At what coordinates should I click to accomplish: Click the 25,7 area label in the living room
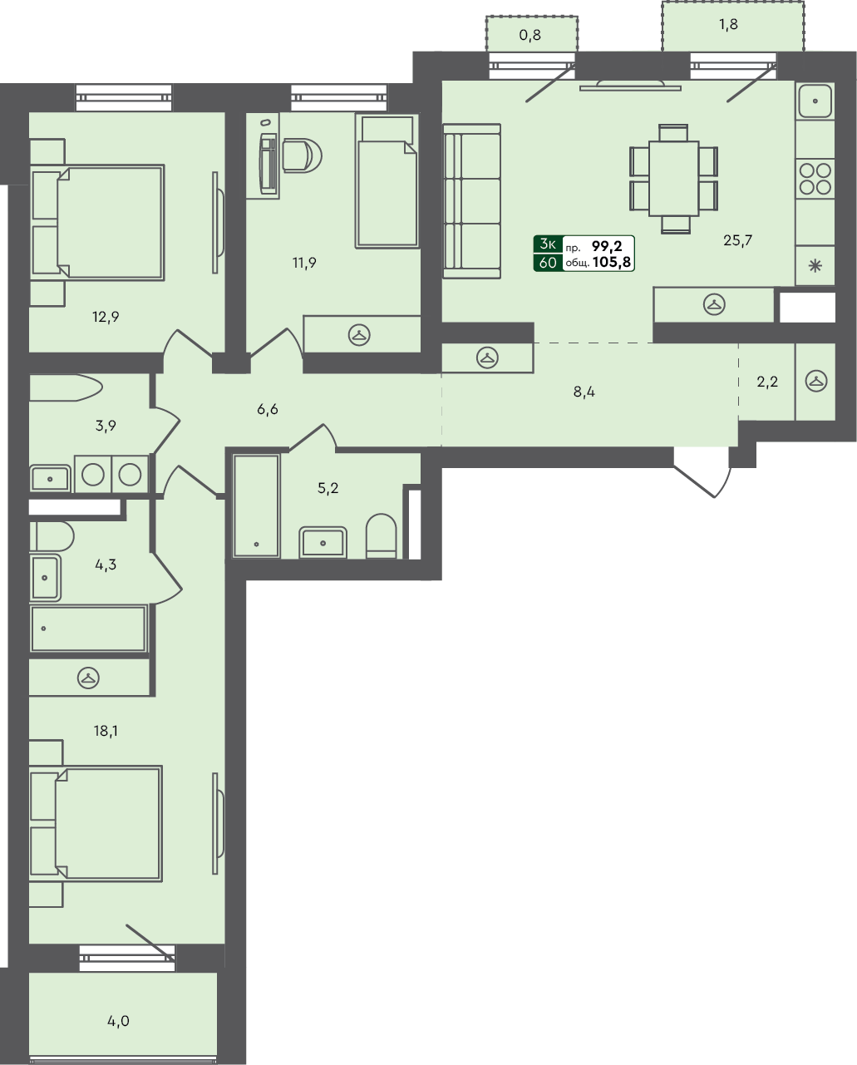737,241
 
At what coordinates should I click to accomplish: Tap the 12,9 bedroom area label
106,317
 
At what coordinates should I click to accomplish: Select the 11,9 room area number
303,264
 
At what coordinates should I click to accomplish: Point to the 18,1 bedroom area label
106,732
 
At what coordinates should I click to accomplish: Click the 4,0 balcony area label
119,1021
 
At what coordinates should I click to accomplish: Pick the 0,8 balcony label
529,35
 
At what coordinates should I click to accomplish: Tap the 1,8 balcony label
728,24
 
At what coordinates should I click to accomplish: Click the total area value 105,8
612,263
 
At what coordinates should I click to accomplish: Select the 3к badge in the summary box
548,244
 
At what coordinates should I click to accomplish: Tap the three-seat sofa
471,200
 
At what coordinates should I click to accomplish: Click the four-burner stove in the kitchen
815,178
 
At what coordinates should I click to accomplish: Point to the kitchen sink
815,102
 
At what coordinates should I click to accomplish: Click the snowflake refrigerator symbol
815,267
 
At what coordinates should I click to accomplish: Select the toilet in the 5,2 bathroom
382,535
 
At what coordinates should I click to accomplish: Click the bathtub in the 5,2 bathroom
256,505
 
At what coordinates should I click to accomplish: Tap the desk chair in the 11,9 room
299,155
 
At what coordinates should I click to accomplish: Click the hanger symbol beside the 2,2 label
817,382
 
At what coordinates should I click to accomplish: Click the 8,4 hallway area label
584,392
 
